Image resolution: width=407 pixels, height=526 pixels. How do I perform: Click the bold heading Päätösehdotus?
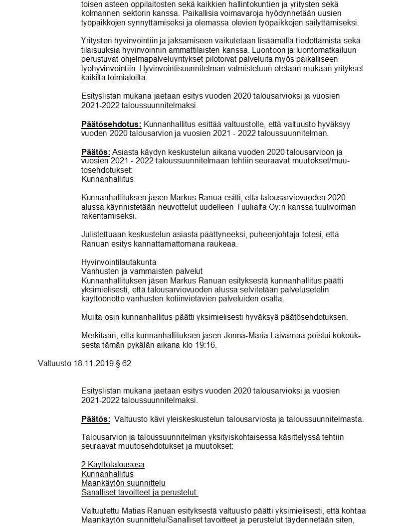111,125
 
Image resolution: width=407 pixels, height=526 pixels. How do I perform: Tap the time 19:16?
206,345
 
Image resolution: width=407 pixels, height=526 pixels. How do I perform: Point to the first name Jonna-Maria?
260,335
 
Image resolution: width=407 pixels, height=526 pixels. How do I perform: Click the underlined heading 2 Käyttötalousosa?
113,465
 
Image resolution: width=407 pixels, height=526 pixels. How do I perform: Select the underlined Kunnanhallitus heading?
107,474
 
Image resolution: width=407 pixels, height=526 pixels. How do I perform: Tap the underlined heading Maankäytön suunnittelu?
123,483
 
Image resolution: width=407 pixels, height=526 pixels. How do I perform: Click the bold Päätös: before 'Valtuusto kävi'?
96,419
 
